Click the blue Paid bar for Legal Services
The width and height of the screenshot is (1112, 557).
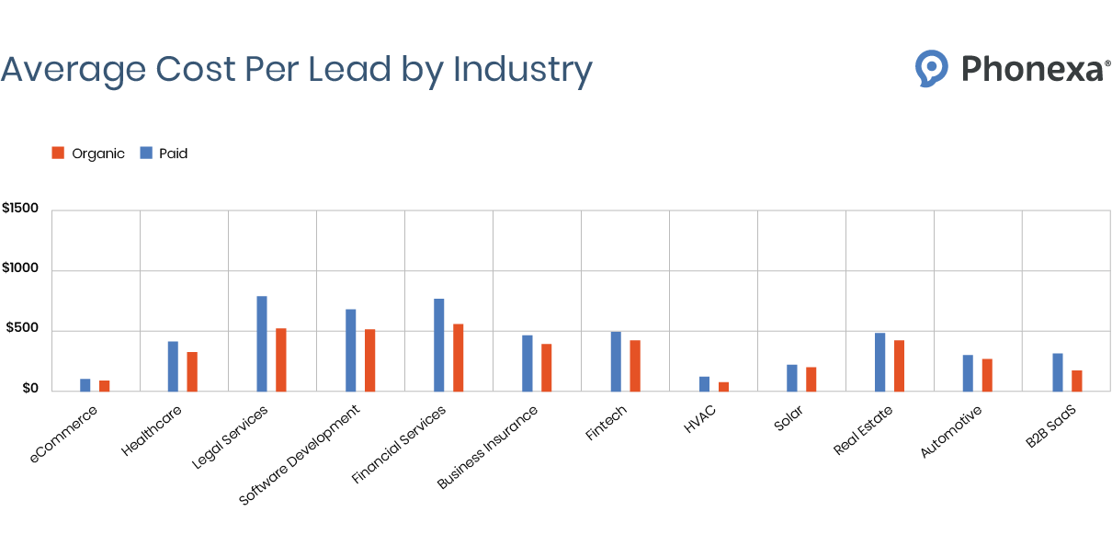click(262, 344)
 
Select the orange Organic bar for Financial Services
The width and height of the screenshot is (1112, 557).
click(458, 358)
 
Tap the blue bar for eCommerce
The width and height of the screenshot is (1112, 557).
click(85, 385)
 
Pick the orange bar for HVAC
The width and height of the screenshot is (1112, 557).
click(723, 387)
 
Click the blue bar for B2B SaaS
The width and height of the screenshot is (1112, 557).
click(1057, 372)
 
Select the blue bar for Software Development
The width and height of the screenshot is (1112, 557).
click(350, 350)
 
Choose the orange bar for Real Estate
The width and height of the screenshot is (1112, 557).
click(899, 366)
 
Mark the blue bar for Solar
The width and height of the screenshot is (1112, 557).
click(792, 378)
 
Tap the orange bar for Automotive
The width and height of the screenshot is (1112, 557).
click(987, 375)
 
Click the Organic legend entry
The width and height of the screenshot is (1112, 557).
click(88, 153)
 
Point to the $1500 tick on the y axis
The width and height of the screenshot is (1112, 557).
click(20, 209)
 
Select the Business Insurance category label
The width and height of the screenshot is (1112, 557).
click(487, 448)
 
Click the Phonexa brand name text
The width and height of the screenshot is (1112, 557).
click(1033, 69)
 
